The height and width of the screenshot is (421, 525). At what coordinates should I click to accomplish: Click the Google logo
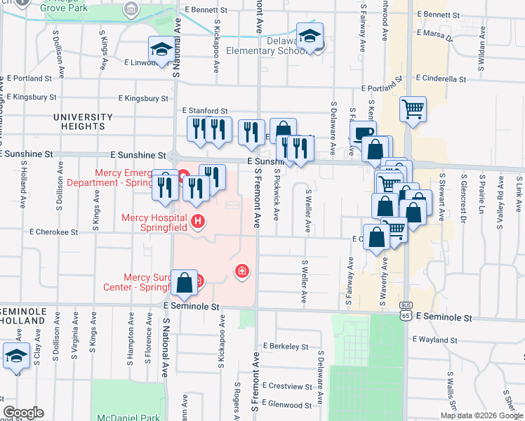(22, 413)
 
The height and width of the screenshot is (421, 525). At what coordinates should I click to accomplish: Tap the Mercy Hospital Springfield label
(154, 222)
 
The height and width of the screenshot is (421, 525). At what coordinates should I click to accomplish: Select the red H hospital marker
(198, 222)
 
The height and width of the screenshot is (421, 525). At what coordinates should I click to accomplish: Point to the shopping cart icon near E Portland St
(413, 109)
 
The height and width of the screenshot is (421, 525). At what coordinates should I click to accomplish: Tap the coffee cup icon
(363, 133)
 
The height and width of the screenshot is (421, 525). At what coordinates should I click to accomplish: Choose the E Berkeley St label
(286, 347)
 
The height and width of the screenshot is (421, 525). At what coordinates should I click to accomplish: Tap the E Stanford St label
(205, 111)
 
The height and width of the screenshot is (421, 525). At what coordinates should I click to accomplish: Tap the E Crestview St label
(287, 386)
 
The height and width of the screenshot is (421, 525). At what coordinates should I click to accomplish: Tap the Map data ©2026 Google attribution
(481, 415)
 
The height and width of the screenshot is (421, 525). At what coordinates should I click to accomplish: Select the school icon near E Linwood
(161, 50)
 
